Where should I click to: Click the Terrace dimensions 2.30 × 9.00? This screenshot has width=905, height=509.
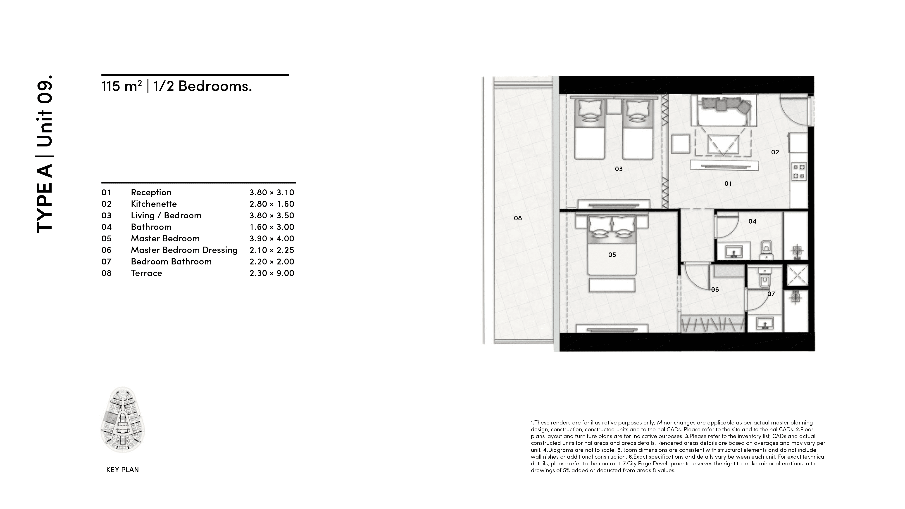pyautogui.click(x=271, y=273)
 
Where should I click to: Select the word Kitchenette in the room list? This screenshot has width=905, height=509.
pyautogui.click(x=154, y=204)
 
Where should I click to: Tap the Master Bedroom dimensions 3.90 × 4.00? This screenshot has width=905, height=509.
pyautogui.click(x=271, y=239)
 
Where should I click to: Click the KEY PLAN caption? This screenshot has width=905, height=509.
pyautogui.click(x=122, y=470)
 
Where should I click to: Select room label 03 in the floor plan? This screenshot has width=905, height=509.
pyautogui.click(x=618, y=169)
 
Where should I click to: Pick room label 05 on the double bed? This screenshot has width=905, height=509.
pyautogui.click(x=612, y=255)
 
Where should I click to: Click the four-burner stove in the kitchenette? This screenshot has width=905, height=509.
pyautogui.click(x=798, y=171)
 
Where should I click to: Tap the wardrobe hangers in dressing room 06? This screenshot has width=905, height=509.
pyautogui.click(x=712, y=324)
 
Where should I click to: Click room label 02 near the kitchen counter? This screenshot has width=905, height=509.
pyautogui.click(x=775, y=152)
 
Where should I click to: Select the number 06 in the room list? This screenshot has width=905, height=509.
pyautogui.click(x=106, y=250)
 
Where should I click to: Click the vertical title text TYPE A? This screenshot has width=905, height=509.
pyautogui.click(x=44, y=198)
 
